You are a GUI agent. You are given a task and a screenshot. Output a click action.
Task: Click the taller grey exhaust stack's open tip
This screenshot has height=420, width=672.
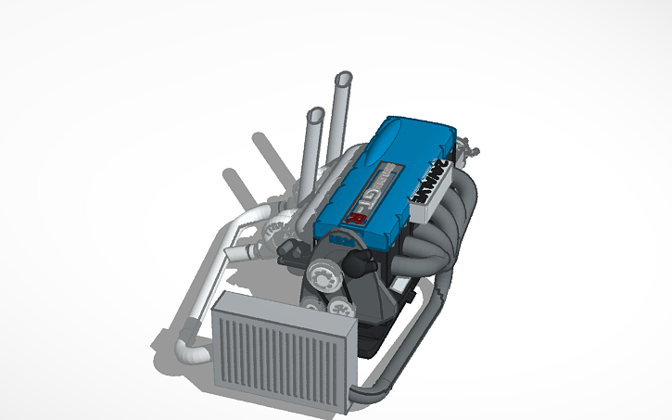click(345, 80)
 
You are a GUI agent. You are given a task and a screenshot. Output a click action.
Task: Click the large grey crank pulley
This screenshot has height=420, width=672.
click(326, 274)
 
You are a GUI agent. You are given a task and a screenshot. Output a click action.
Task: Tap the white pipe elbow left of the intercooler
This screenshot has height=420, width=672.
click(191, 352)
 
